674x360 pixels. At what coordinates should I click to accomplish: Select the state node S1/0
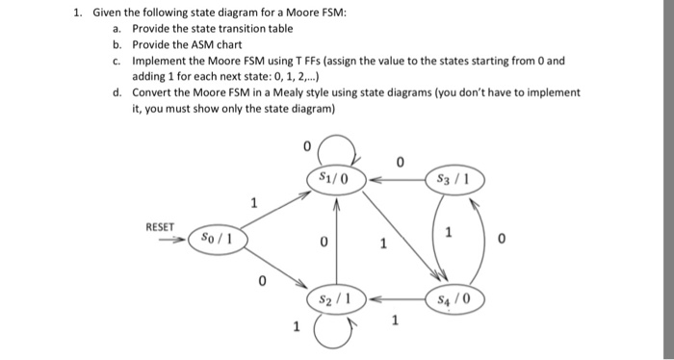coord(334,178)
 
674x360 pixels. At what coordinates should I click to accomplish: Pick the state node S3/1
coord(452,178)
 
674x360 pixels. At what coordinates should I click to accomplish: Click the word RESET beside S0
coord(161,227)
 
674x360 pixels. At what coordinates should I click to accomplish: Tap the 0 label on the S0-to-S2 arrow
coord(261,282)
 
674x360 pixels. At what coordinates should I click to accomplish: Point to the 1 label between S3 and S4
coord(447,233)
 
